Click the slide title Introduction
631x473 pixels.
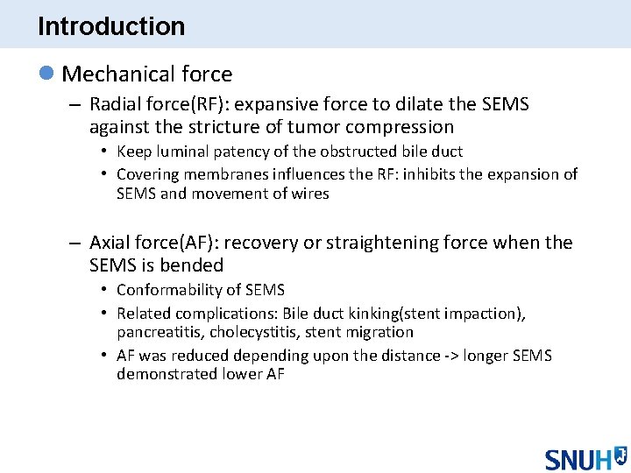111,26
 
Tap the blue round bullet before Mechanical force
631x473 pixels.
47,74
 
